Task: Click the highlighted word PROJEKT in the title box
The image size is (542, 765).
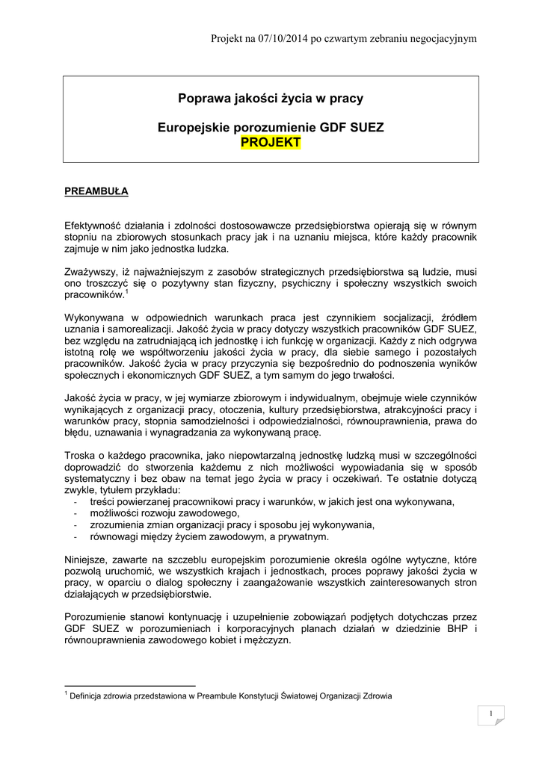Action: click(271, 143)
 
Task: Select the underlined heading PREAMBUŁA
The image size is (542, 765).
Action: click(96, 191)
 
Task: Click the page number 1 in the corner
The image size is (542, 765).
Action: click(491, 715)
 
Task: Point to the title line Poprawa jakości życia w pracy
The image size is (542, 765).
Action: click(271, 98)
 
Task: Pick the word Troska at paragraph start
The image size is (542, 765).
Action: click(80, 456)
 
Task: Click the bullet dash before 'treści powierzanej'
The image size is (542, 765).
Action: click(77, 502)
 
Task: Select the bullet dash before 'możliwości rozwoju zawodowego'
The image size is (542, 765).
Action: click(77, 513)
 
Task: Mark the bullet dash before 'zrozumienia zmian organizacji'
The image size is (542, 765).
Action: click(77, 525)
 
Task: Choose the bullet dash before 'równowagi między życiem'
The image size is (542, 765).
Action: click(77, 536)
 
